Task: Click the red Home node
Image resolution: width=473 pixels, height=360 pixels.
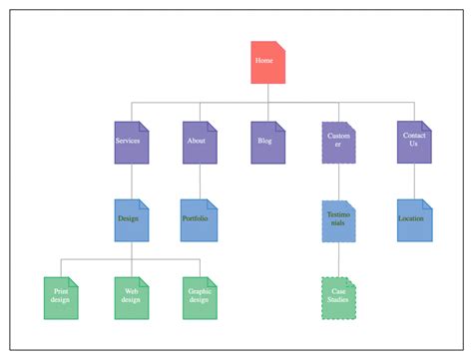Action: (x=267, y=63)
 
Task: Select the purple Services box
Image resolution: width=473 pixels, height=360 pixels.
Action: (x=131, y=142)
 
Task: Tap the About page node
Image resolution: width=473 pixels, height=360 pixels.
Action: (x=199, y=142)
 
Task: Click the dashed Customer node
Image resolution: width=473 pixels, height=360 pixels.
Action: (x=338, y=142)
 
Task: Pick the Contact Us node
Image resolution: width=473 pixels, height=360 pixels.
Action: (x=414, y=142)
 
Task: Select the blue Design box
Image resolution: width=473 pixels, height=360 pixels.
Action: (x=131, y=219)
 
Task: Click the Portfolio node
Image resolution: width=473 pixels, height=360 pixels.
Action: (x=199, y=219)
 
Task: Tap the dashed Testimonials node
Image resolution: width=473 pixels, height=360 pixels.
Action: (x=338, y=220)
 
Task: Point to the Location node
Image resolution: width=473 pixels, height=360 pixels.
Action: (x=414, y=219)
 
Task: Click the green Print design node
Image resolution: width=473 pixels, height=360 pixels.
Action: (x=62, y=297)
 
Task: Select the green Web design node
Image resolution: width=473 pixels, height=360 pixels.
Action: (x=131, y=297)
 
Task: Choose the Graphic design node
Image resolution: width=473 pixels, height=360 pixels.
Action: (x=200, y=297)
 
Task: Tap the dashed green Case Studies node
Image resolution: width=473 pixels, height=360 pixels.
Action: (x=338, y=297)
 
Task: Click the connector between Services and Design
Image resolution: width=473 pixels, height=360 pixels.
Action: (x=131, y=180)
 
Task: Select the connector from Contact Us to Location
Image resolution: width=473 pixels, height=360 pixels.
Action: (x=414, y=180)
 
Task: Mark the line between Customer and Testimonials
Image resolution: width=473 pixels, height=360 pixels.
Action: (x=338, y=181)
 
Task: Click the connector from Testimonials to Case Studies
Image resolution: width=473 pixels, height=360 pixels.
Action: (x=338, y=259)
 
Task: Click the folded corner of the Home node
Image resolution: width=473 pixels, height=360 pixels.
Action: (x=280, y=46)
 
